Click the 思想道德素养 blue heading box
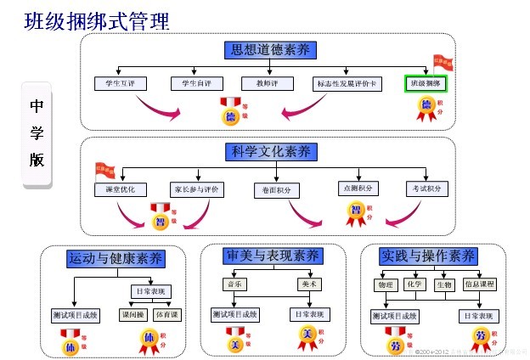[x=270, y=50]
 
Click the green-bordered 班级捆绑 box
[x=426, y=84]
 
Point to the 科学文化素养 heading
[x=270, y=152]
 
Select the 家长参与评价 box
[x=195, y=188]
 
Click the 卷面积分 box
[x=277, y=191]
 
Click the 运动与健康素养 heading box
[x=116, y=258]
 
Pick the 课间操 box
[x=132, y=315]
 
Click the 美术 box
[x=308, y=284]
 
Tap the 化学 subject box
[x=414, y=284]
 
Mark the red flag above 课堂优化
[x=104, y=171]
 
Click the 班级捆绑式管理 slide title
[x=96, y=20]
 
